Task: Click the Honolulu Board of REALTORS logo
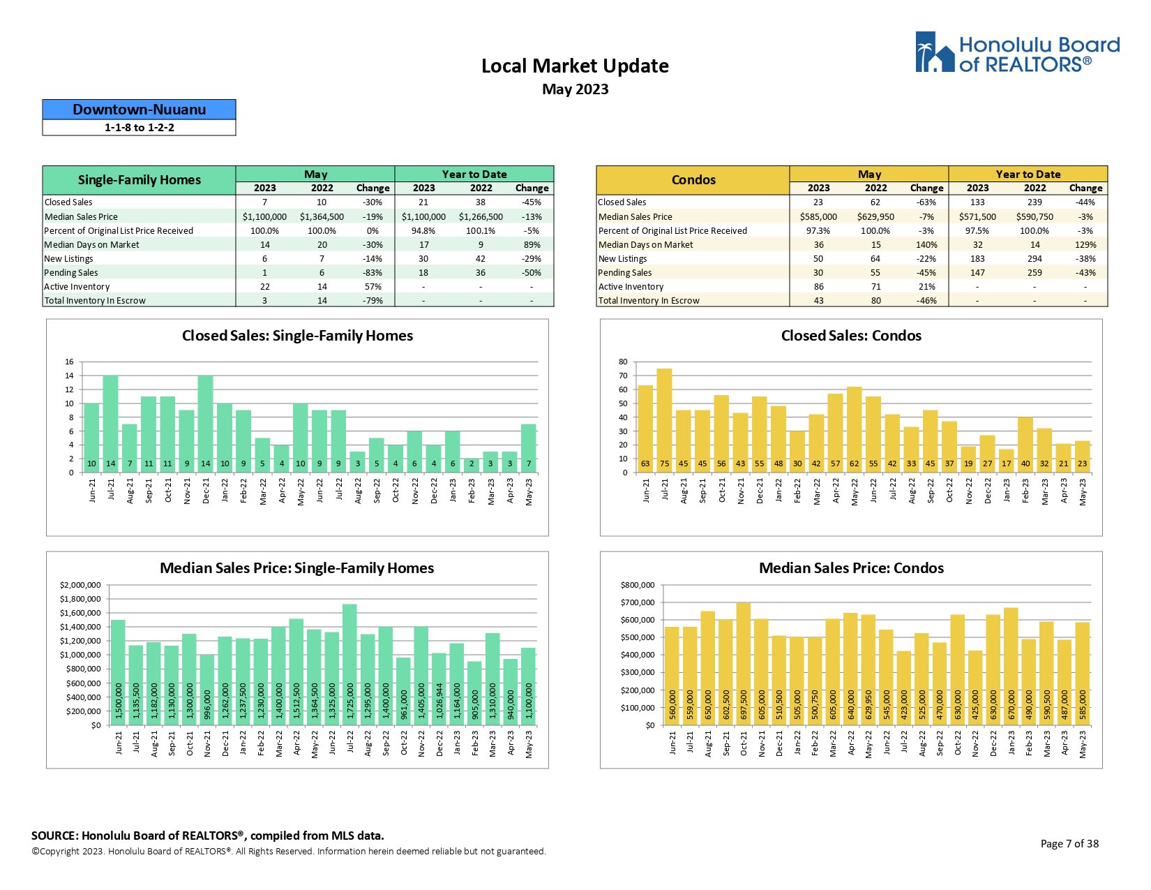pos(1017,52)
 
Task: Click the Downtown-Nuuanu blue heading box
pos(139,110)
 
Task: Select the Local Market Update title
pos(575,66)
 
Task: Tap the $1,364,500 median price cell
pos(322,217)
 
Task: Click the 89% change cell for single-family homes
pos(532,245)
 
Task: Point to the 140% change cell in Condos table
pos(926,245)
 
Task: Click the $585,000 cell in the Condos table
pos(818,217)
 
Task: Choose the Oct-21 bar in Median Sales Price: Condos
pos(744,664)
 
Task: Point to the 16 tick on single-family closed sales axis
pos(69,362)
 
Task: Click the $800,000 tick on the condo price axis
pos(638,585)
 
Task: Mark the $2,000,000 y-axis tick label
pos(80,585)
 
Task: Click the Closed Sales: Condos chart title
pos(851,336)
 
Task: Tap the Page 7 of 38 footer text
pos(1069,843)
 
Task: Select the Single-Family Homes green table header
pos(139,180)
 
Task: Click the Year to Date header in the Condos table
pos(1028,175)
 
